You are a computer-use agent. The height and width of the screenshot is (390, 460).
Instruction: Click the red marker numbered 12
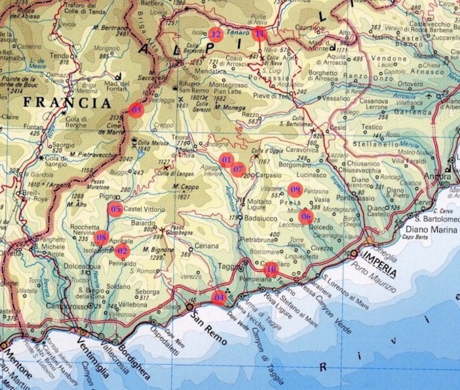216,34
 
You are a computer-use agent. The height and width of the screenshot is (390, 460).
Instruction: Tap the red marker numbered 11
259,33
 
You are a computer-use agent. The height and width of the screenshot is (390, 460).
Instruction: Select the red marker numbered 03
136,110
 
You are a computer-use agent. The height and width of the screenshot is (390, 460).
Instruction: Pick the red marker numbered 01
226,160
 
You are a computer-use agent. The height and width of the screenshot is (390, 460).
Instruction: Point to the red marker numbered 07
239,169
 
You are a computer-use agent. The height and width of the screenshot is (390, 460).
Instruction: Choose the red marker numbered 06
305,216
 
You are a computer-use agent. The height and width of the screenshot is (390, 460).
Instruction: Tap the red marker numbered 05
115,210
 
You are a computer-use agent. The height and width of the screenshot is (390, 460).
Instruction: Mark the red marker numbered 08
101,237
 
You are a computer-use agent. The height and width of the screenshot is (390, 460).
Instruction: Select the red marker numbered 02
122,250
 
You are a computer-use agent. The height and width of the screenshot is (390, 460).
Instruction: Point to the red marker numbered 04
219,297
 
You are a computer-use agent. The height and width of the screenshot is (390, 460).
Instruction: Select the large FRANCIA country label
67,103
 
